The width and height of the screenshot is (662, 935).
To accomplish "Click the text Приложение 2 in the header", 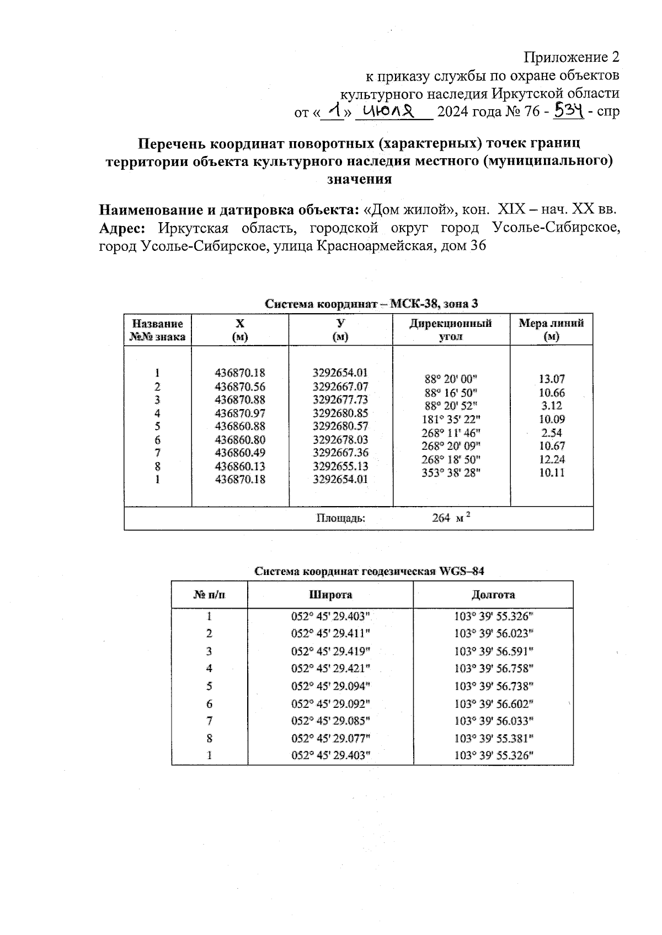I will pos(572,57).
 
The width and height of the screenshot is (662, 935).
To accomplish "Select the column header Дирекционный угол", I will pos(450,330).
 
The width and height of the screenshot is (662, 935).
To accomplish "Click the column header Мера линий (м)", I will pos(551,330).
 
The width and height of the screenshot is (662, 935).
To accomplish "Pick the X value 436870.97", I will pos(239,413).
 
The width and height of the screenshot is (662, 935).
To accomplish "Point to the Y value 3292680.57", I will pos(340,426).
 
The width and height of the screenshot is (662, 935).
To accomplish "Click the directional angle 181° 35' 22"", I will pos(450,419).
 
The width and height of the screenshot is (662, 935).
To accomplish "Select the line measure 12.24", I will pos(552,459).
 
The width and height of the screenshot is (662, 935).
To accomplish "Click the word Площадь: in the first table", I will pos(340,518).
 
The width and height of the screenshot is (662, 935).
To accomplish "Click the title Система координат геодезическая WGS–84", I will pos(372,571).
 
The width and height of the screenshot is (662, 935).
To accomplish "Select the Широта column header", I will pos(330,595).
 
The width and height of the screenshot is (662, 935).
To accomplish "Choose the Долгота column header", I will pos(493,595).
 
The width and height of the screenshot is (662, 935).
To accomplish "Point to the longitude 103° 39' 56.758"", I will pos(494,669).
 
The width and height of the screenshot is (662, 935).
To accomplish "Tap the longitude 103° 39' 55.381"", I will pos(494,739).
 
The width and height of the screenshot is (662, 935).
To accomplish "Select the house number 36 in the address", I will pos(478,246).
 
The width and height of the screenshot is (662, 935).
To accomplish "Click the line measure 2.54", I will pos(552,433).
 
